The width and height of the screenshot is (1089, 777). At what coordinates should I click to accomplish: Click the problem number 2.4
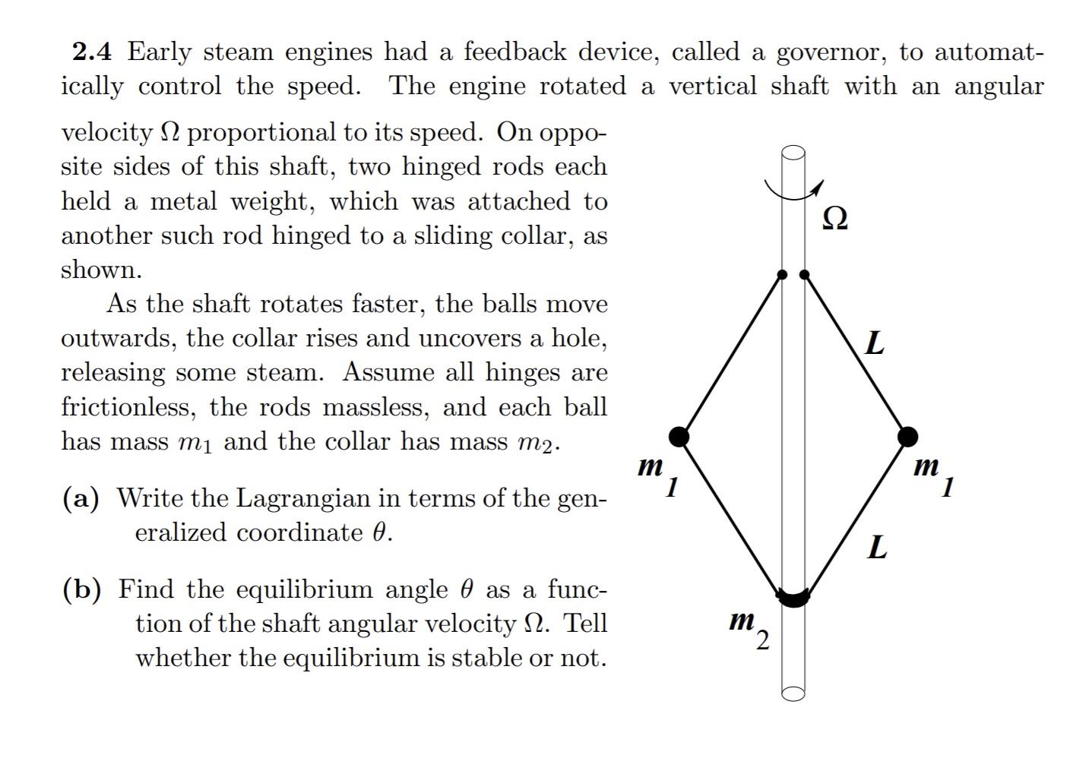[92, 52]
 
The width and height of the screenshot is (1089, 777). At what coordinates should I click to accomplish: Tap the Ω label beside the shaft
[834, 218]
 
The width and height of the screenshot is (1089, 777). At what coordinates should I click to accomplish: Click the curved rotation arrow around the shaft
[792, 191]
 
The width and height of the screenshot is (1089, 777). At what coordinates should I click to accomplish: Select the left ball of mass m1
[679, 436]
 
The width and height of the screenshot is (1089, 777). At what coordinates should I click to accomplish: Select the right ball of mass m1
[907, 436]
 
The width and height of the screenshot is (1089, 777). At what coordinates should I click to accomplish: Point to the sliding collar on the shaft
[793, 598]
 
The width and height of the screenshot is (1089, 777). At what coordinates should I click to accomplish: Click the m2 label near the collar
[749, 628]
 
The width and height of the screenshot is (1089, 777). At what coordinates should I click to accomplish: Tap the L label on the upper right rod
[875, 343]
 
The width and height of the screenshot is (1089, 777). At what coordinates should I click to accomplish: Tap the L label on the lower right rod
[878, 546]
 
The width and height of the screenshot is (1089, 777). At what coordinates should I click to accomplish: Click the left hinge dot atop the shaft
[783, 274]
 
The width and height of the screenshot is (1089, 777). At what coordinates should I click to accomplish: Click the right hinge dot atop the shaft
[805, 274]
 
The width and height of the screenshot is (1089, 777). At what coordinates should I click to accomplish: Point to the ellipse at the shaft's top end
[793, 153]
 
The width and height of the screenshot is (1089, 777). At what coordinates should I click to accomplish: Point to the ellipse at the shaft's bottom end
[793, 693]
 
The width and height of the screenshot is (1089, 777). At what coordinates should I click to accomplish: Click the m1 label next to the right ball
[933, 474]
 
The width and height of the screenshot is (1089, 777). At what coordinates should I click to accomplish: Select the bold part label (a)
[81, 498]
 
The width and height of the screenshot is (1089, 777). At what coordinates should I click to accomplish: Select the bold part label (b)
[82, 589]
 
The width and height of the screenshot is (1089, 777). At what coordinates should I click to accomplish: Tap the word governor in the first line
[830, 52]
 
